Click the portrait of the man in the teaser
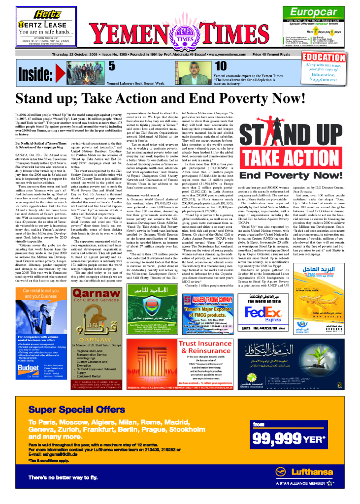click(x=189, y=71)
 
